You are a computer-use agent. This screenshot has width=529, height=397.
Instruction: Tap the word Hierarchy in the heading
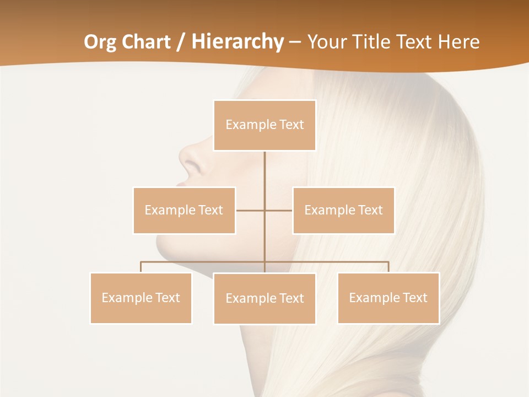[237, 42]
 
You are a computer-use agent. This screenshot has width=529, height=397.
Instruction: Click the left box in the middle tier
[184, 210]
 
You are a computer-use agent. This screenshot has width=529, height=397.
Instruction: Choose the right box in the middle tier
[343, 210]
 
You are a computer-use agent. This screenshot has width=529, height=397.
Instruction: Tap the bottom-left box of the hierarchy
[141, 298]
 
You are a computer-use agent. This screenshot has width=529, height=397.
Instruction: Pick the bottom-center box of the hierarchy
[264, 299]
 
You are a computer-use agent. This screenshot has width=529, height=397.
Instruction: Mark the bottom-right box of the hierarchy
[388, 298]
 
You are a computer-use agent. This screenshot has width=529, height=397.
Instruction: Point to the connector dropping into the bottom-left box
[141, 267]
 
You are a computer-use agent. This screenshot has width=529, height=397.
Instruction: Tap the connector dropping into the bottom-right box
[388, 267]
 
